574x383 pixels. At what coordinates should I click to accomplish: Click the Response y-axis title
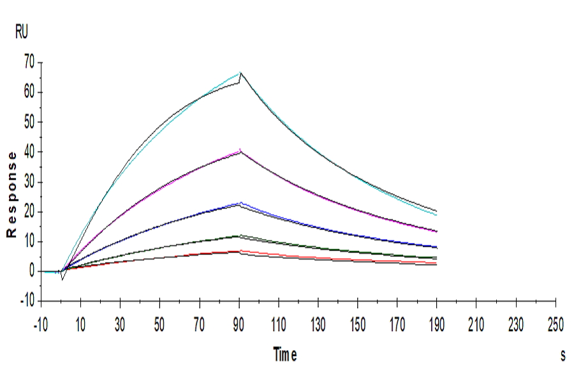click(x=11, y=195)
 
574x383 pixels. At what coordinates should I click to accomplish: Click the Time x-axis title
click(x=284, y=354)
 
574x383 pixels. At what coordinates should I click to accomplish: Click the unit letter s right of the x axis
click(x=563, y=356)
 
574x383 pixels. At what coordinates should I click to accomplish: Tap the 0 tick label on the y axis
click(x=30, y=271)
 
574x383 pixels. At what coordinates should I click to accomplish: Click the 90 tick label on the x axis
click(x=239, y=326)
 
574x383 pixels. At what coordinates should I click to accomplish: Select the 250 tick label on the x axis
click(x=556, y=326)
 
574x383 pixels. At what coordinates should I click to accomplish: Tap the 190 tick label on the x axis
click(x=437, y=326)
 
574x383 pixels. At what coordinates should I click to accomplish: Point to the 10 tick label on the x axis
click(x=80, y=326)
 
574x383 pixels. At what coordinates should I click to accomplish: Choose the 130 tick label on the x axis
click(x=318, y=326)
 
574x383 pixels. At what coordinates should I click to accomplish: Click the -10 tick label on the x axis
click(x=40, y=326)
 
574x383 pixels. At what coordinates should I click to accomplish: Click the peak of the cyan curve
click(x=240, y=72)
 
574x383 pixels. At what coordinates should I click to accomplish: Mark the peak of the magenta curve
click(x=240, y=149)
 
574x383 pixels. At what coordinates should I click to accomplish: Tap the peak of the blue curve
click(x=240, y=202)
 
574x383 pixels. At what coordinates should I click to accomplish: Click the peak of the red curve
click(x=240, y=250)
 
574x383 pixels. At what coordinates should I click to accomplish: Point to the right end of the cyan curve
click(x=437, y=215)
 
